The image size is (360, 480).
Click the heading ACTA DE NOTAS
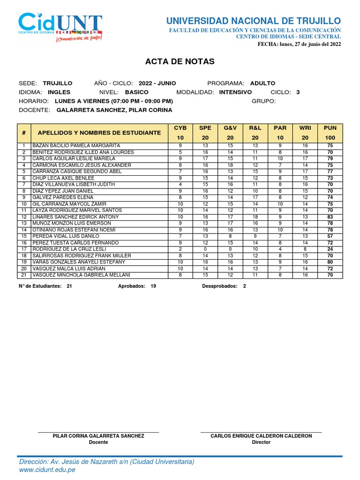point(180,61)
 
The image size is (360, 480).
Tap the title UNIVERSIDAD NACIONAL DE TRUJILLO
point(254,21)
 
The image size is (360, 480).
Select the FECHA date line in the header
point(300,44)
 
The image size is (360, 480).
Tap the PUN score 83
point(330,217)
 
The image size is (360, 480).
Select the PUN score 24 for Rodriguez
point(330,249)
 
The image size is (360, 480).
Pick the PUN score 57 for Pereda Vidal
point(330,236)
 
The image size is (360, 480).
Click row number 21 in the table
point(23,275)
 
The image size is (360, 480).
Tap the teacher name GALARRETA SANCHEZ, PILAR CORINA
point(114,110)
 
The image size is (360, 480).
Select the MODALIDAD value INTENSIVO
point(235,92)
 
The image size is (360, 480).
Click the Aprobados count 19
point(153,285)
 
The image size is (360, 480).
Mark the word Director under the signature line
point(261,442)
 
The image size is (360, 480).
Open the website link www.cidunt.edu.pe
point(47,470)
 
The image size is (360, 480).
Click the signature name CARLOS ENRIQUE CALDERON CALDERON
point(261,436)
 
